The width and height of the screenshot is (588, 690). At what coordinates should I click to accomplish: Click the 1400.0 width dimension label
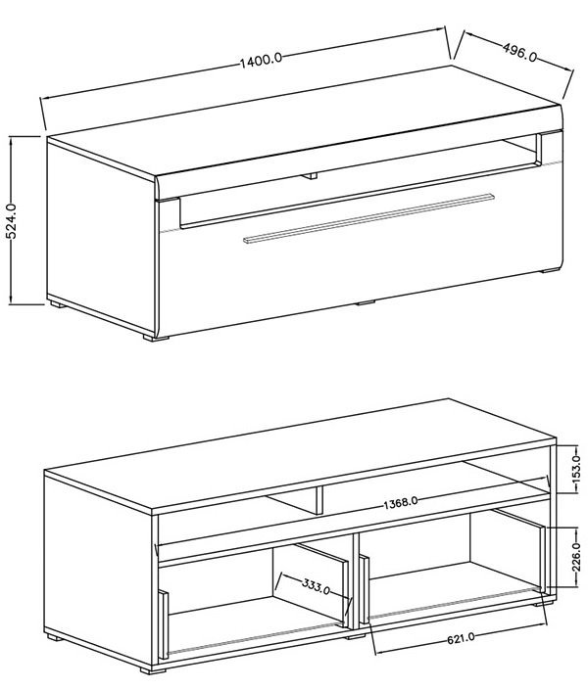point(261,61)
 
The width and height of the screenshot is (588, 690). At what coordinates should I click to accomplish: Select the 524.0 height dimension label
point(12,221)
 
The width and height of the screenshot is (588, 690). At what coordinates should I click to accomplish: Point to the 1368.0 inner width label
point(400,502)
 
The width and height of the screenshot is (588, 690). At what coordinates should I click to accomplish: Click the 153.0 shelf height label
point(576,470)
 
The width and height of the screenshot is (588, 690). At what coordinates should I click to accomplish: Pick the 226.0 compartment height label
point(576,558)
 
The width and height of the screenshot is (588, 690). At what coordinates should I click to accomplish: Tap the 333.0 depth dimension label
point(316,585)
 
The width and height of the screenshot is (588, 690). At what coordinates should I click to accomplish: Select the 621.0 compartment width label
point(461,638)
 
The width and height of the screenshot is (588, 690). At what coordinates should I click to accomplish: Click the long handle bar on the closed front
point(368,217)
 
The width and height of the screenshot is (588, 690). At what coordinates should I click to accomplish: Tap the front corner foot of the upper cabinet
point(156,339)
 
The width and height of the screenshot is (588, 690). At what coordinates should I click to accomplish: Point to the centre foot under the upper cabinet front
point(365,302)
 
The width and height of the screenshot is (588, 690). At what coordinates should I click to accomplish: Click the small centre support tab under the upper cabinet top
point(310,176)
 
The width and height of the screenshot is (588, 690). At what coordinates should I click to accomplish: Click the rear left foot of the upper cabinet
point(58,303)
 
